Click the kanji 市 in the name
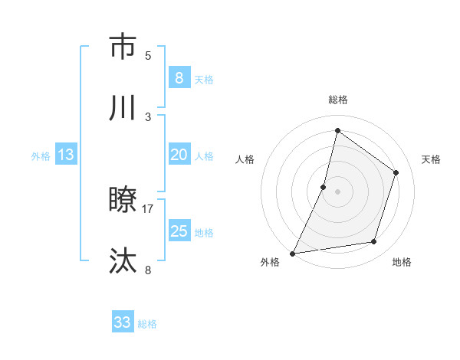[x=123, y=47]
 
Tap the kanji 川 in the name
[x=123, y=108]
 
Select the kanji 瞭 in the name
[x=123, y=201]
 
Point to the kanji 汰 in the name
[x=123, y=261]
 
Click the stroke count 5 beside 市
[x=148, y=55]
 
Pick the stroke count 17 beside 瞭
[x=148, y=208]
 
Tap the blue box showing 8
[x=179, y=78]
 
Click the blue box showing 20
[x=179, y=155]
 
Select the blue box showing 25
[x=179, y=231]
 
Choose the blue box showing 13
[x=66, y=155]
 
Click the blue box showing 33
[x=123, y=322]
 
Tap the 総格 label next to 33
[x=147, y=324]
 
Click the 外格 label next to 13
[x=41, y=156]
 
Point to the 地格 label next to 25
[x=204, y=233]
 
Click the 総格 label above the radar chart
[x=337, y=100]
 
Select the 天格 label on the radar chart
[x=431, y=159]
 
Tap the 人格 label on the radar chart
[x=245, y=159]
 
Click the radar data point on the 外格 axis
[x=292, y=254]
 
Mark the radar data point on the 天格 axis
[x=396, y=172]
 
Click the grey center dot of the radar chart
[x=337, y=191]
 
